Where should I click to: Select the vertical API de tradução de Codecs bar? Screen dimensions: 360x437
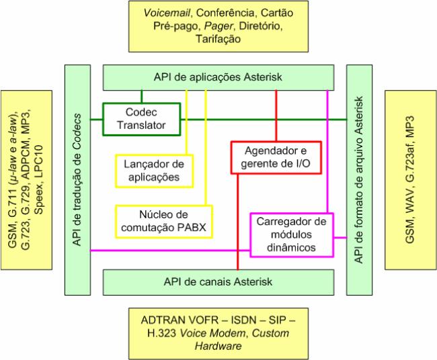tap(77, 179)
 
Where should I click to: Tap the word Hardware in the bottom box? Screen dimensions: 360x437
tap(217, 346)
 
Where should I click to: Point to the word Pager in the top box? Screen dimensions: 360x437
tap(214, 26)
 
